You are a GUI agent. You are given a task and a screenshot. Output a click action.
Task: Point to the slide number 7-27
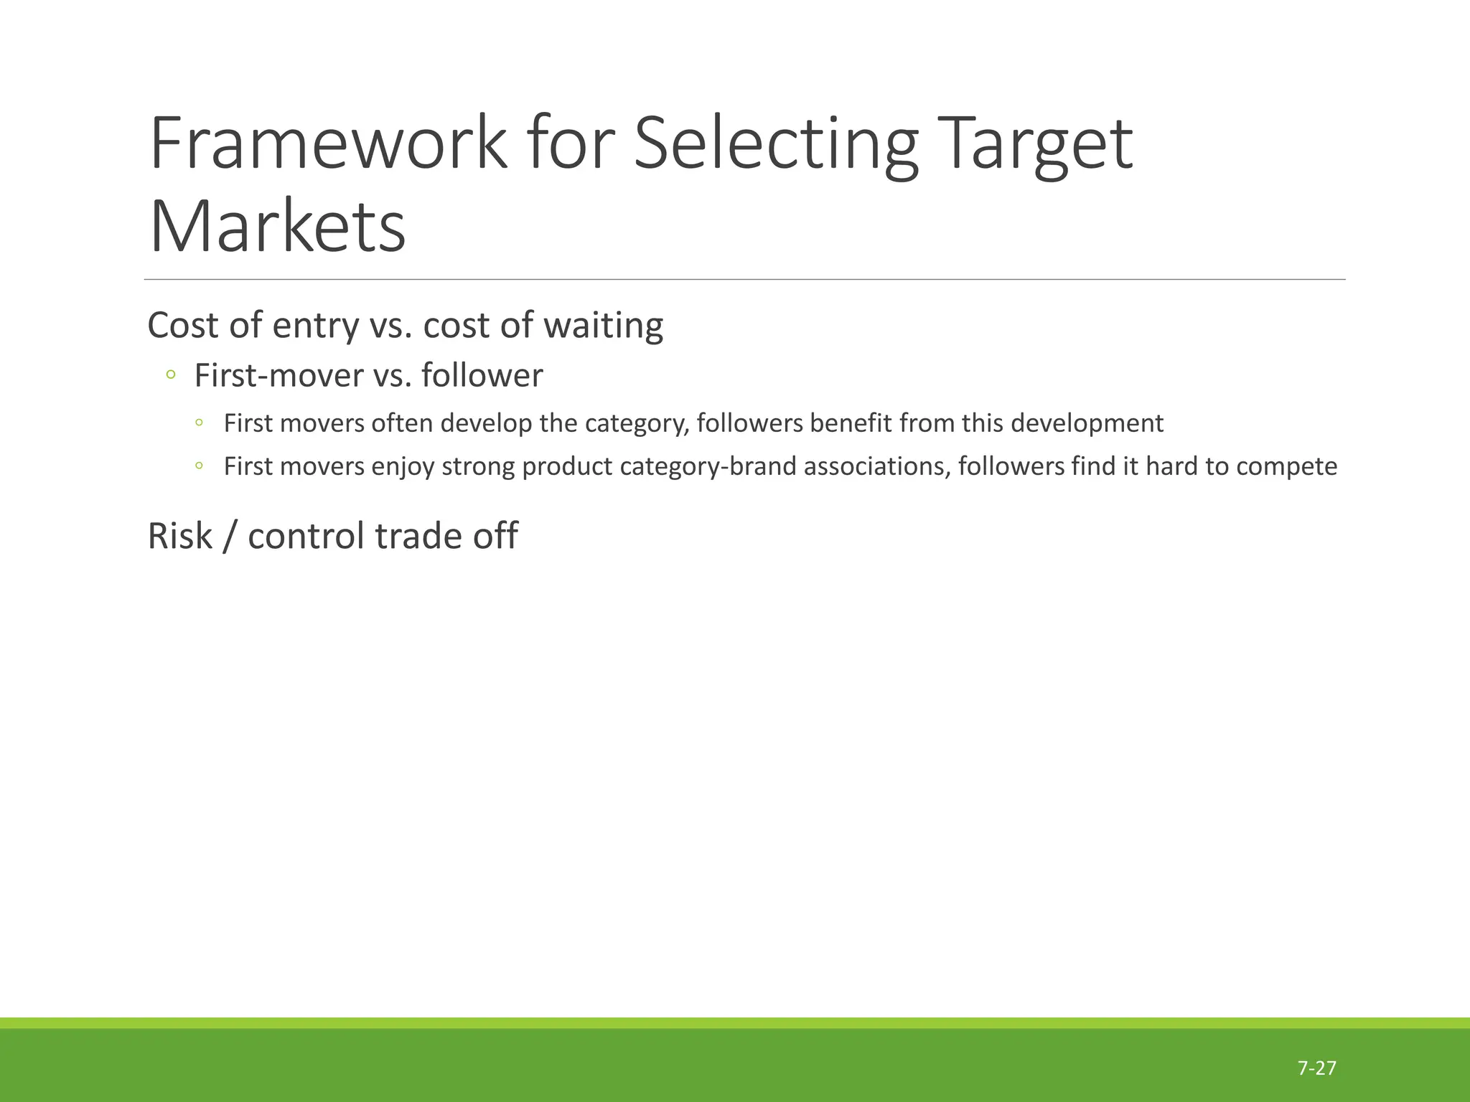click(1316, 1068)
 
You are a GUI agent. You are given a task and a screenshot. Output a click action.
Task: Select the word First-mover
click(279, 376)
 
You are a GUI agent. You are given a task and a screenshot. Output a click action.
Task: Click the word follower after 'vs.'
click(482, 376)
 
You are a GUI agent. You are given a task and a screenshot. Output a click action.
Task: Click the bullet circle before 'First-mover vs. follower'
click(170, 375)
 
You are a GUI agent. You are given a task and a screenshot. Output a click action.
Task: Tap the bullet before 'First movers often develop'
click(199, 423)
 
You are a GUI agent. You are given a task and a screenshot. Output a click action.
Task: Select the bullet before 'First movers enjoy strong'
click(199, 466)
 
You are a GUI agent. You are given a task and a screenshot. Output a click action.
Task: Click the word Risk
click(179, 536)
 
